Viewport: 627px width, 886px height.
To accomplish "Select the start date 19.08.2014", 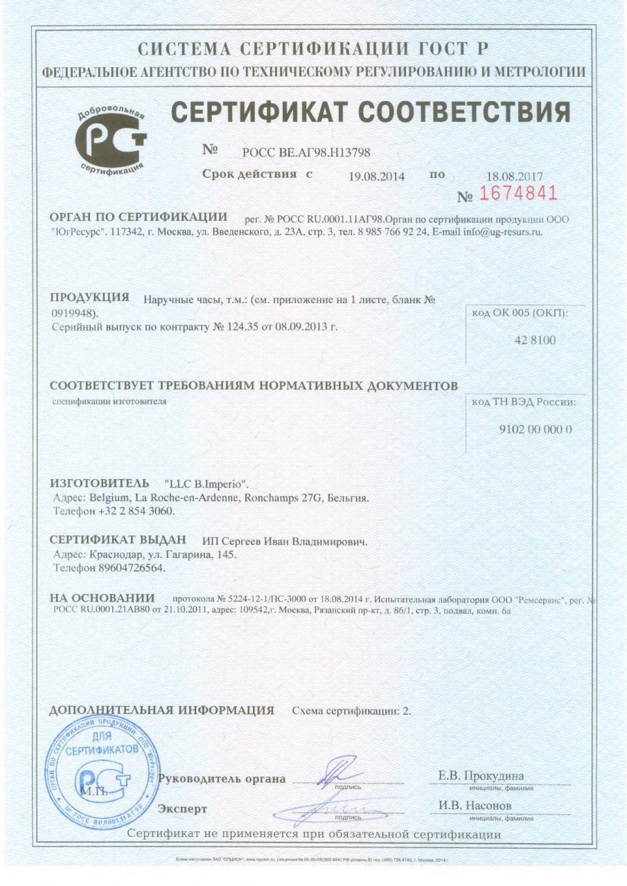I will [378, 176].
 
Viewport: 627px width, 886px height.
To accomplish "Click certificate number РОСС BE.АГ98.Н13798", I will [310, 152].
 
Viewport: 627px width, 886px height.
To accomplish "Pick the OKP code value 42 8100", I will [527, 340].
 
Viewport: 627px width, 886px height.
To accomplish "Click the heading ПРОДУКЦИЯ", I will [90, 298].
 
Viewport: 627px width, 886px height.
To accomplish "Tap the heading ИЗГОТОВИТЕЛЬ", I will [100, 482].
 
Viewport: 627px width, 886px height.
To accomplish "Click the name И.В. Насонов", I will [475, 806].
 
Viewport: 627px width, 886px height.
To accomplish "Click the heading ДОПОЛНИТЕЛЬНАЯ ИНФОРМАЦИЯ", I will [163, 710].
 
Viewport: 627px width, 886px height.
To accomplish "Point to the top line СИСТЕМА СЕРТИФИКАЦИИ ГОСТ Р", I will [314, 49].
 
